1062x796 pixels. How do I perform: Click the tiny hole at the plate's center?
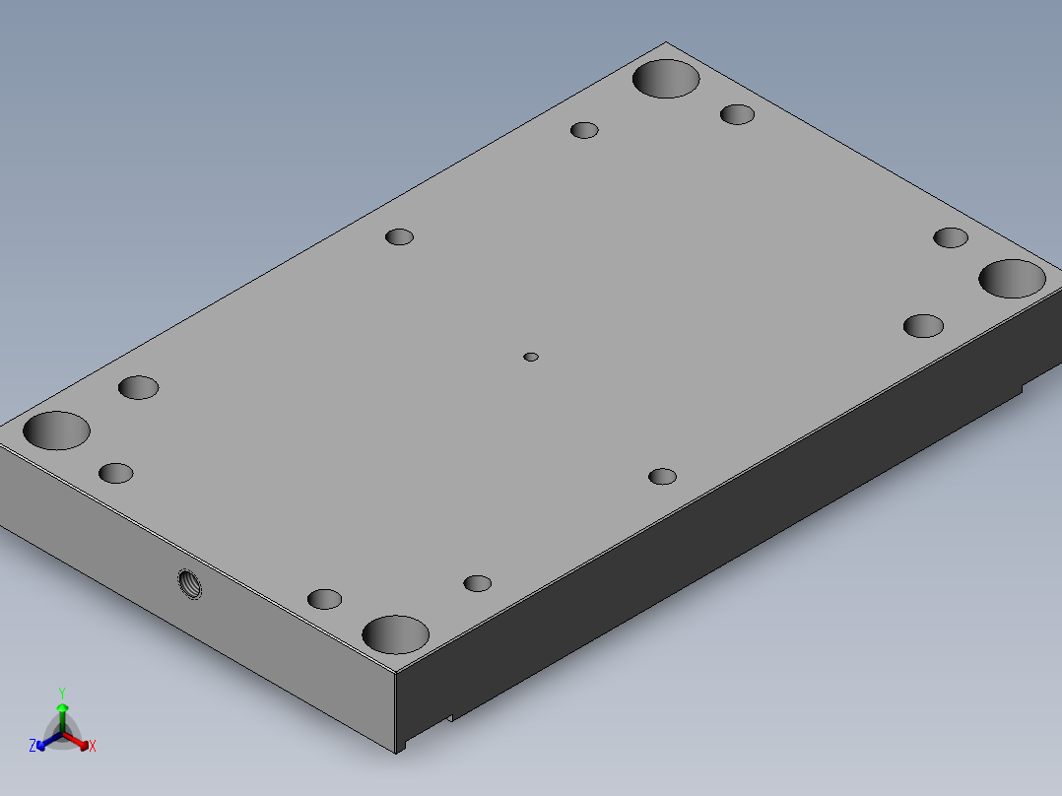(531, 357)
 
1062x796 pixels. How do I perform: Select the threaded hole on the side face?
(189, 584)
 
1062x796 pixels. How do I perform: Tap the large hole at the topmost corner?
(666, 78)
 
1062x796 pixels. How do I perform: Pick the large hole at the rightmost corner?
(1012, 279)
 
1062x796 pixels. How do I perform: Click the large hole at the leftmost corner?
(56, 431)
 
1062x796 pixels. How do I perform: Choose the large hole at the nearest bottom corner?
(395, 634)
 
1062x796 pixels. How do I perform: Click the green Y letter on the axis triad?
(61, 693)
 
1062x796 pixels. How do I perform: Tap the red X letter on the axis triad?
(93, 747)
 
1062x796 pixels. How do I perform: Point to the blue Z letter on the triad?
(33, 746)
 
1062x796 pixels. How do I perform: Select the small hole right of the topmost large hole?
(737, 114)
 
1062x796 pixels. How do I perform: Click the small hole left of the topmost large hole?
(585, 130)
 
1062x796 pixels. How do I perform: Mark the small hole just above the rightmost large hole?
(951, 237)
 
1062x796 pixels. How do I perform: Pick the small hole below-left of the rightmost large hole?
(923, 326)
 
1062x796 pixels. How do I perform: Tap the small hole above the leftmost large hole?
(138, 387)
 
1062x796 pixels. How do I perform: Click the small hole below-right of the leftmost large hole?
(116, 473)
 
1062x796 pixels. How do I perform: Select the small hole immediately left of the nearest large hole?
(324, 599)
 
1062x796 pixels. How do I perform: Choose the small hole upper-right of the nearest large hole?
(478, 583)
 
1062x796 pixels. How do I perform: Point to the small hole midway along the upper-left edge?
(399, 236)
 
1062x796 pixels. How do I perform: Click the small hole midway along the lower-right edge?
(662, 477)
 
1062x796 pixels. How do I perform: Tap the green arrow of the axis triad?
(61, 711)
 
